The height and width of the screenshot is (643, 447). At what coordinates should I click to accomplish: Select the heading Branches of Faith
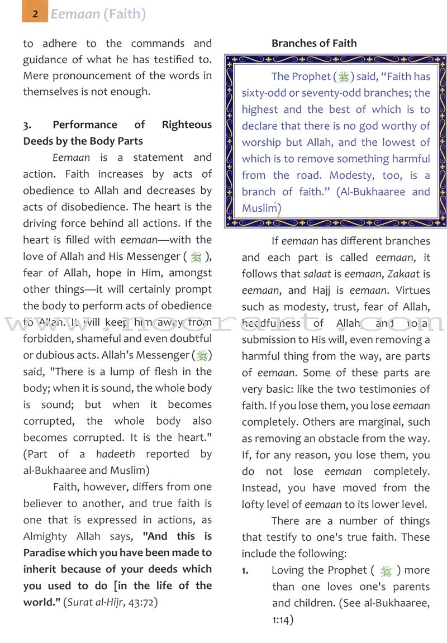click(x=314, y=43)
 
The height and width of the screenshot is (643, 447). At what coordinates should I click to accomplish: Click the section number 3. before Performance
click(x=27, y=125)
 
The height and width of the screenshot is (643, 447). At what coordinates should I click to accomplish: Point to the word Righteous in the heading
click(x=187, y=125)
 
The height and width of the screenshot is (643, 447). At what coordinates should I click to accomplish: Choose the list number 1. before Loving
click(x=245, y=570)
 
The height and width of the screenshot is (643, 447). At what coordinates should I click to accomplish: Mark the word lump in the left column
click(x=131, y=371)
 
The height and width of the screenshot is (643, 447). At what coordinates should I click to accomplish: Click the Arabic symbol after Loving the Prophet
click(x=386, y=571)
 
